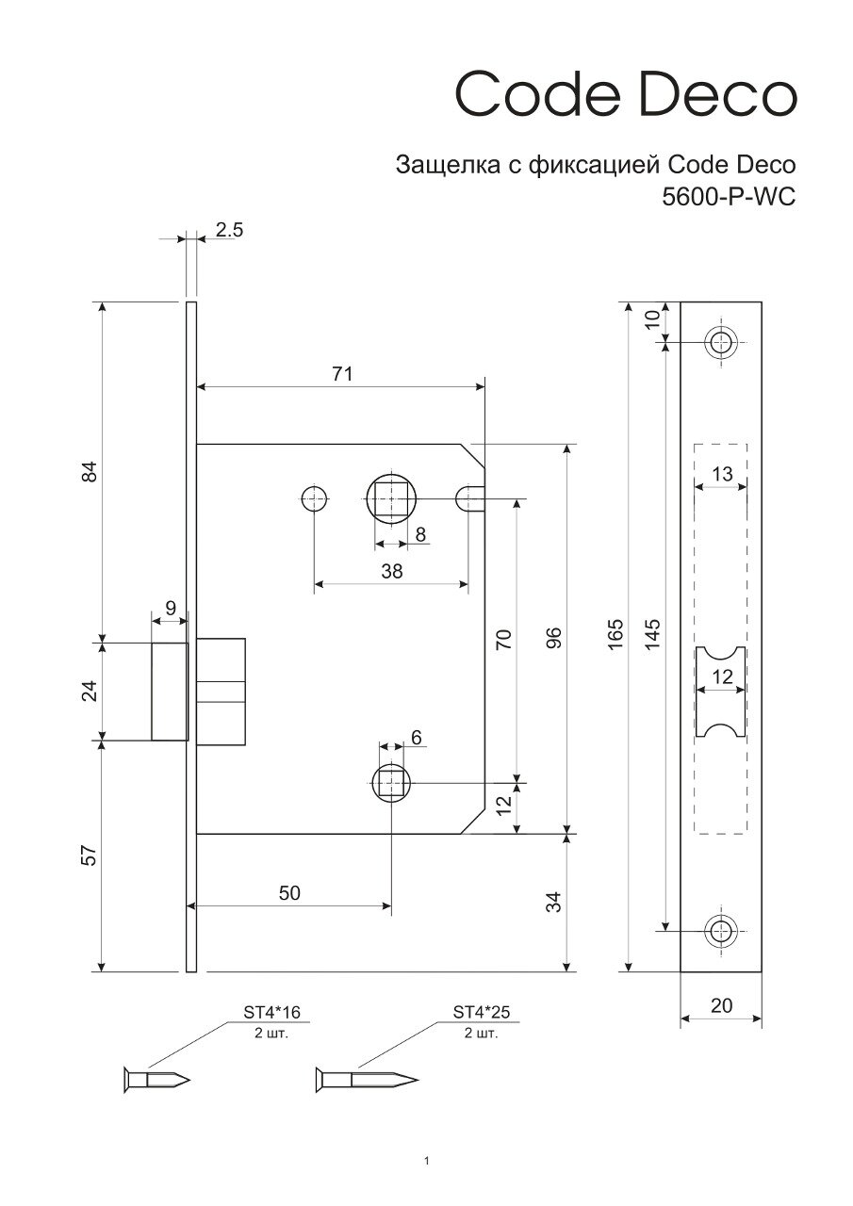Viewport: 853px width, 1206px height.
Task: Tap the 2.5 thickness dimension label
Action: coord(229,229)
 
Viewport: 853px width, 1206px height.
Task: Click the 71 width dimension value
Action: coord(341,374)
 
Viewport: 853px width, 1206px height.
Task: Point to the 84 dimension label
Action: coord(90,472)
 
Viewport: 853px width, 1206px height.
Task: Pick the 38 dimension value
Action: coord(391,571)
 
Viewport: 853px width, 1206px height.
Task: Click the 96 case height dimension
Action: coord(553,638)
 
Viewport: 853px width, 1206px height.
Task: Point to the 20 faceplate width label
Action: coord(721,1005)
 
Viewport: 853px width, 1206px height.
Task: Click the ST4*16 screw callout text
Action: coord(271,1013)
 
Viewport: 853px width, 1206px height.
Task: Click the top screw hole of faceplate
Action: coord(722,342)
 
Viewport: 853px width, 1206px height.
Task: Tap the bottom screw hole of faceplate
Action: coord(722,931)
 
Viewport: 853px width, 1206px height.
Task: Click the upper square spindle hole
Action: coord(391,497)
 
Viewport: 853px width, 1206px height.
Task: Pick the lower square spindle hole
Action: coord(391,782)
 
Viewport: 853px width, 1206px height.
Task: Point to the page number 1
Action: coord(427,1160)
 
